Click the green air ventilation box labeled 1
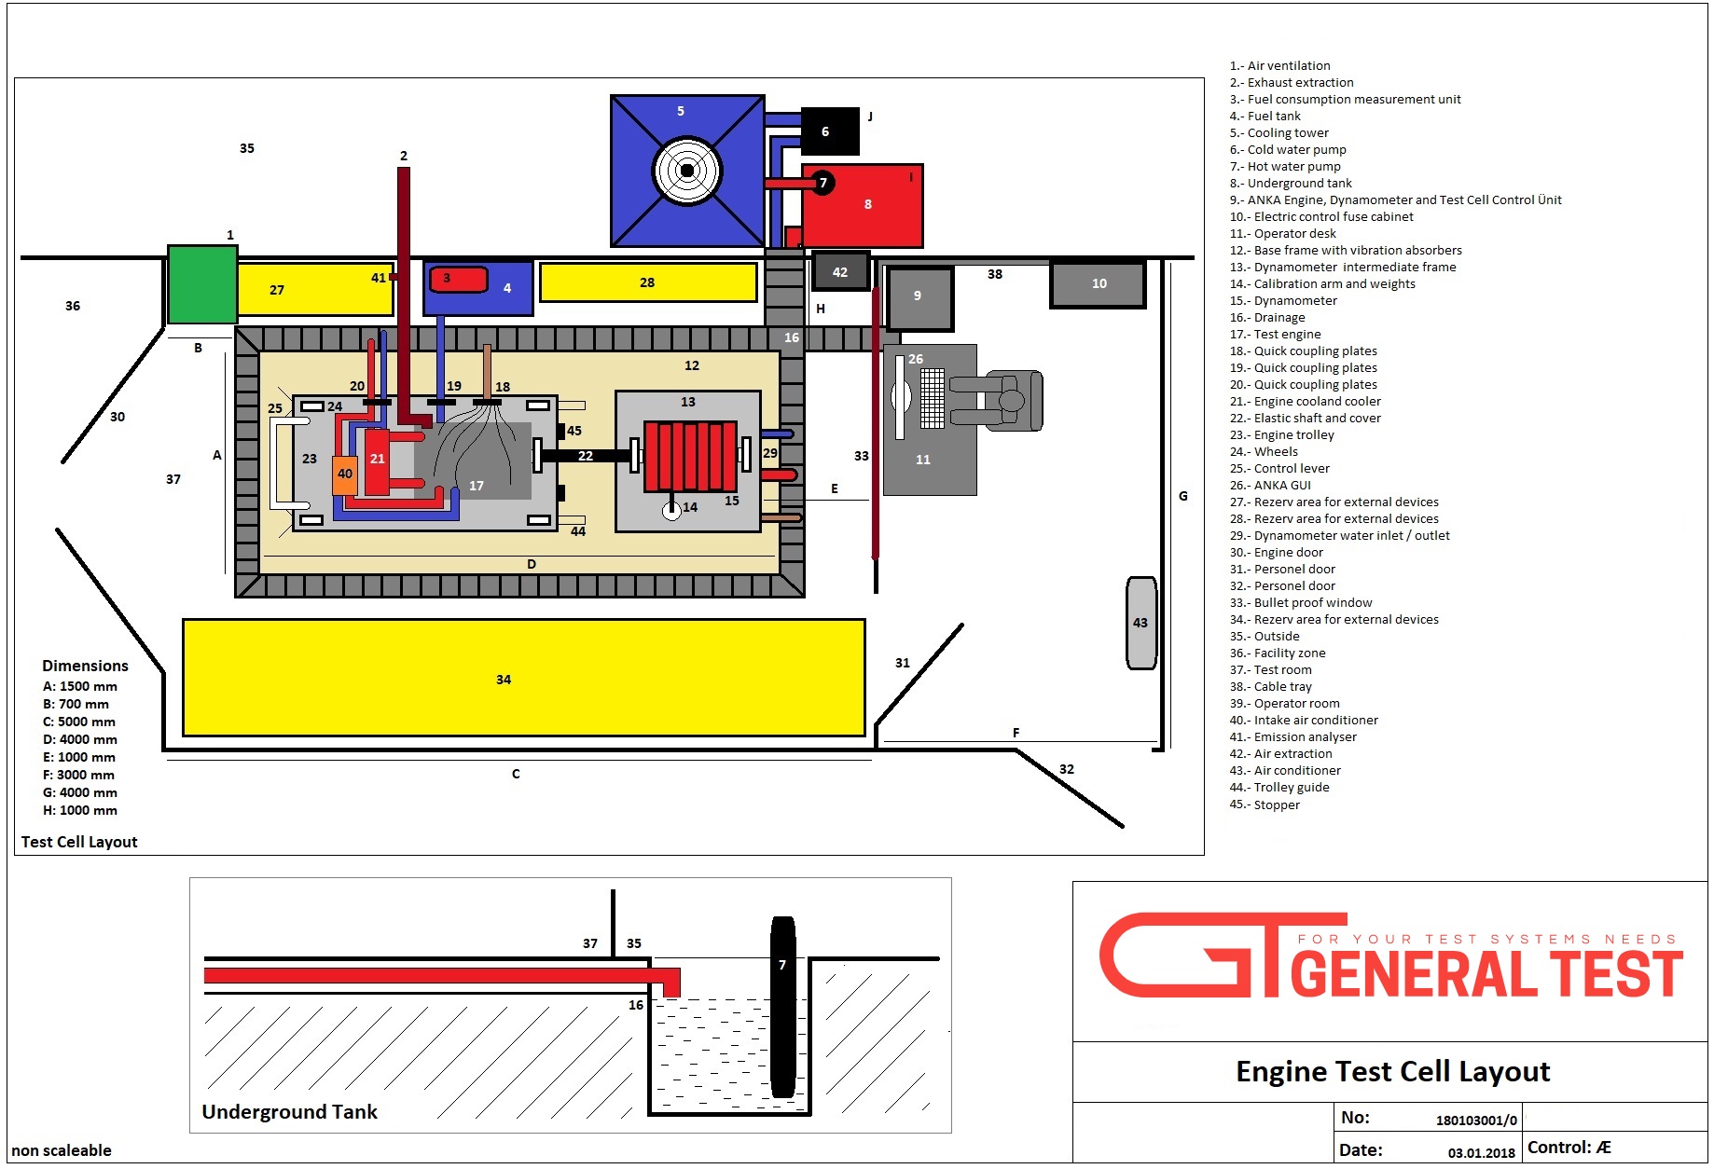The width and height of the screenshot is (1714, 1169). tap(202, 285)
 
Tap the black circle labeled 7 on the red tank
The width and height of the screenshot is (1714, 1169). tap(822, 183)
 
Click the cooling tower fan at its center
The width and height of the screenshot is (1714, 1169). tap(687, 171)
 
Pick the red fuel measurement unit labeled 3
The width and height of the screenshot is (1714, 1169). tap(458, 279)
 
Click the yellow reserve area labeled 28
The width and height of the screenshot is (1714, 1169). tap(647, 282)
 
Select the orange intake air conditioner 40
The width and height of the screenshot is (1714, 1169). tap(345, 474)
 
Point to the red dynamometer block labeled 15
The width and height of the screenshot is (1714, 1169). tap(690, 456)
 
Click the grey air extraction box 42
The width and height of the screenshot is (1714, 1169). tap(840, 271)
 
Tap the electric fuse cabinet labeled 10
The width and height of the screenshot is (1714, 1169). tap(1099, 283)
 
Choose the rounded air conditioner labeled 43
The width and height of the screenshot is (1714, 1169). tap(1140, 623)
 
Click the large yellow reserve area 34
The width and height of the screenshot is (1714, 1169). tap(523, 678)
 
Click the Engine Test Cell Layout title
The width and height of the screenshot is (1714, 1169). tap(1392, 1072)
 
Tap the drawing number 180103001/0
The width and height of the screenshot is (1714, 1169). tap(1475, 1121)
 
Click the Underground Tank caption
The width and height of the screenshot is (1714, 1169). tap(289, 1111)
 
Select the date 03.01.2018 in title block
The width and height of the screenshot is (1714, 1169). tap(1481, 1152)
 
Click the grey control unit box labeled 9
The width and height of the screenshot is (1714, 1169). tap(919, 297)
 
